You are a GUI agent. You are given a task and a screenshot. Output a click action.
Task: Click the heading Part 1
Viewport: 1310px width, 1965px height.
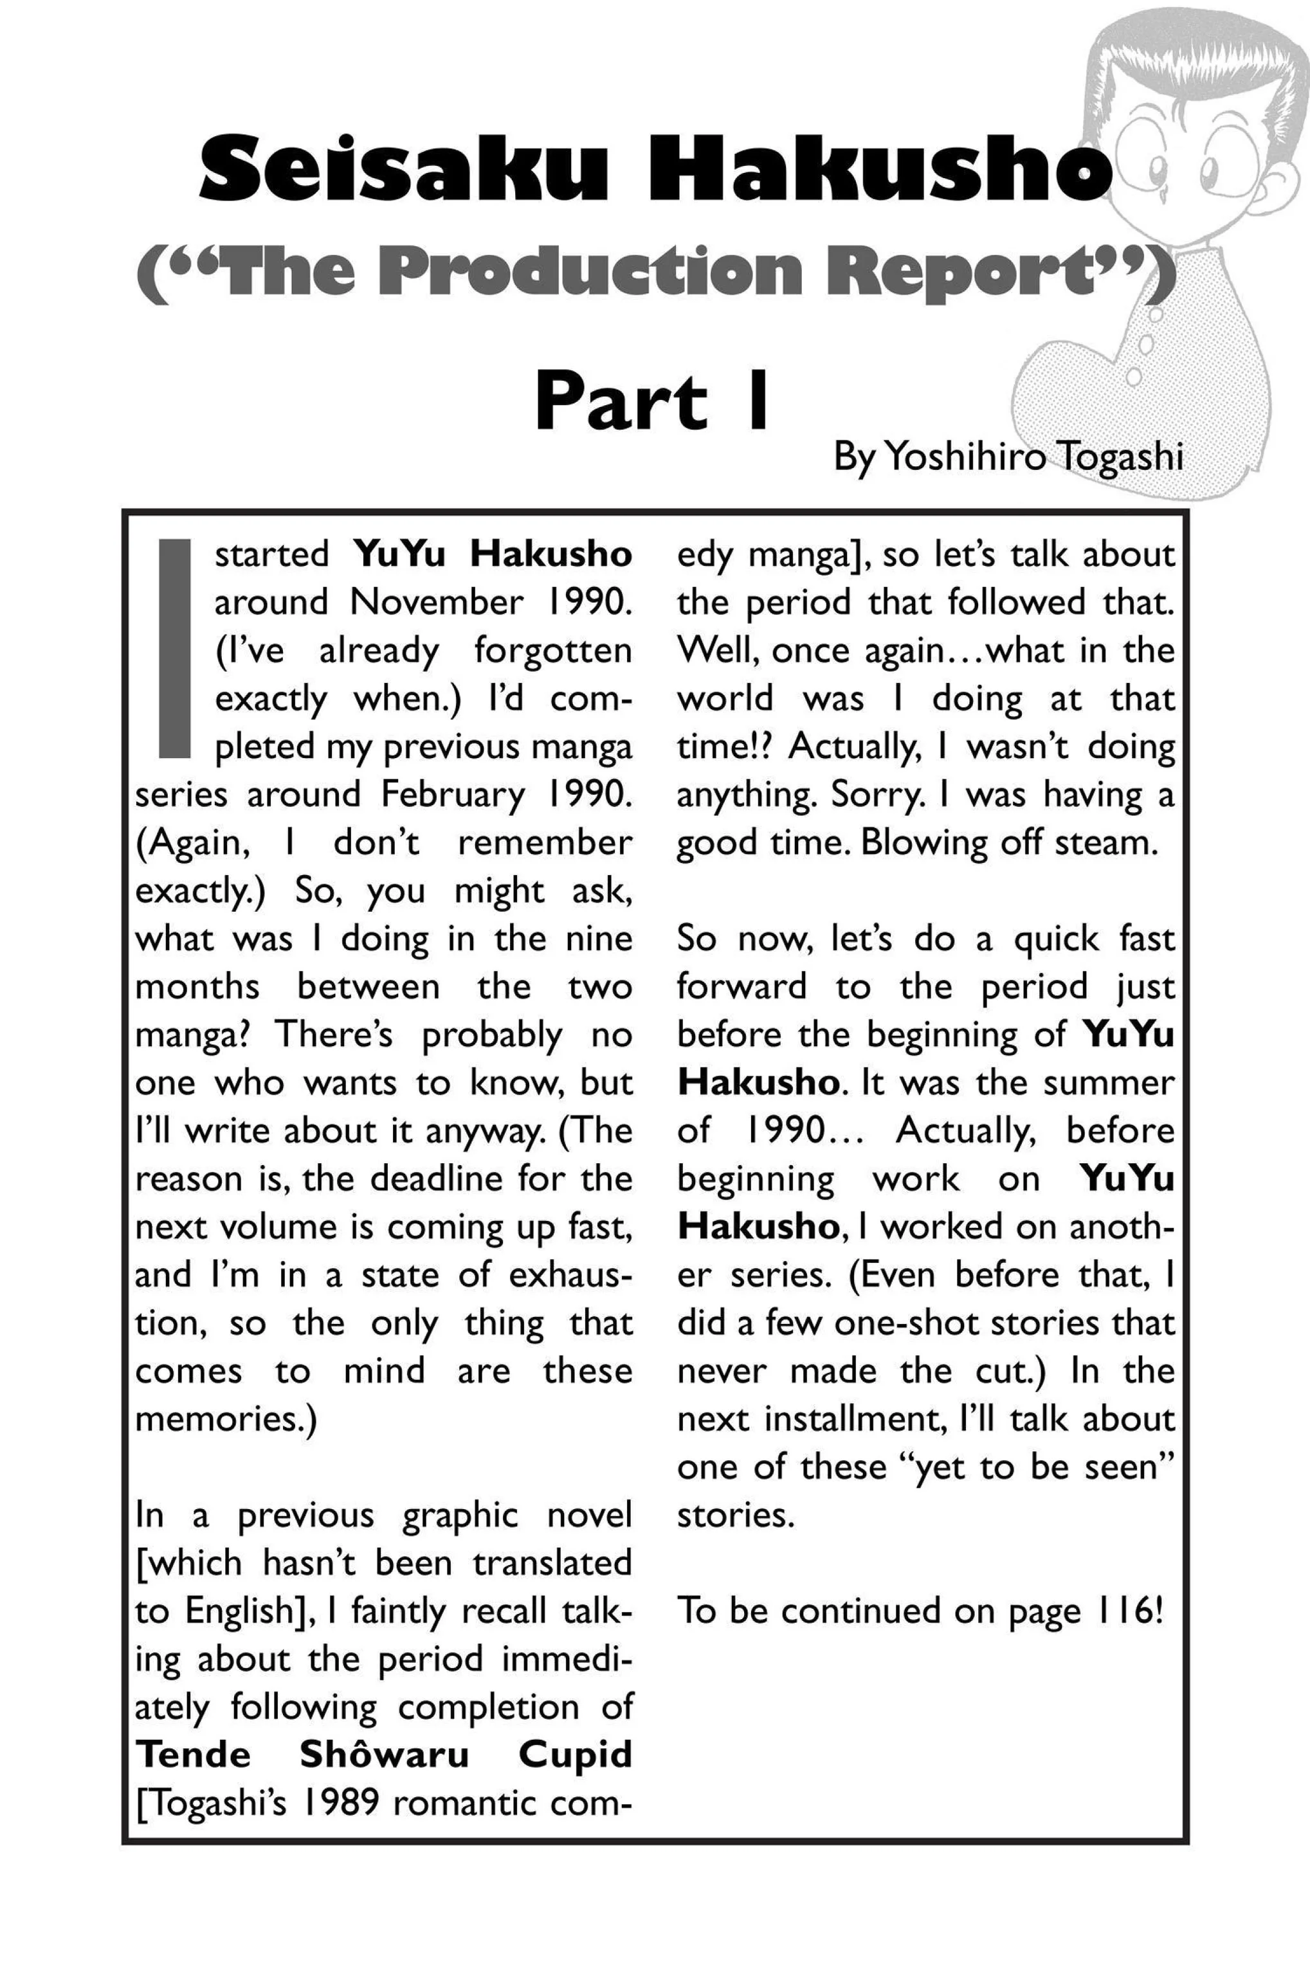click(x=651, y=403)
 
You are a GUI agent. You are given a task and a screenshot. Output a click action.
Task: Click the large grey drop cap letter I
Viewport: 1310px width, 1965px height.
click(x=175, y=648)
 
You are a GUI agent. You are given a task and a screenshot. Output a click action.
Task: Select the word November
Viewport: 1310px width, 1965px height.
click(x=437, y=602)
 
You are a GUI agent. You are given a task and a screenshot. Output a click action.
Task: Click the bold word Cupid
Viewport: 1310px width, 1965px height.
click(x=575, y=1755)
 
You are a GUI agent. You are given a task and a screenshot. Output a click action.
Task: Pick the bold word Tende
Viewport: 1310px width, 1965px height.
click(x=193, y=1755)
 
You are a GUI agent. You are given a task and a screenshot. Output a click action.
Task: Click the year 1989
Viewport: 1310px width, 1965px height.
click(x=338, y=1803)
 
